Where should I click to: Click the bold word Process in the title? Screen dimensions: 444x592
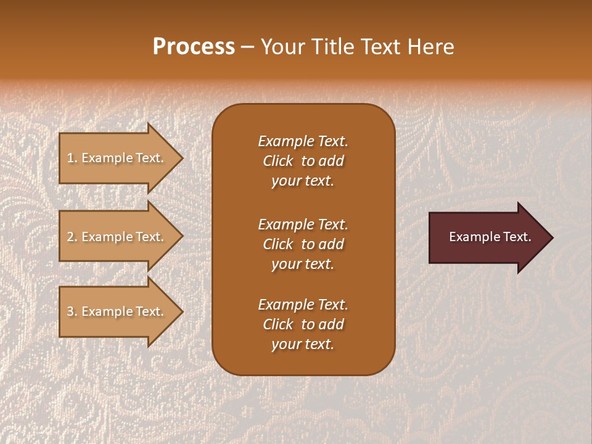(x=194, y=46)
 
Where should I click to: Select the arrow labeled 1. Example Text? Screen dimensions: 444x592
(x=115, y=158)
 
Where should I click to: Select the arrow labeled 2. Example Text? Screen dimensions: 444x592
(x=115, y=237)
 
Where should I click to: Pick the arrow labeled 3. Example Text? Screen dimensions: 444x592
(x=115, y=311)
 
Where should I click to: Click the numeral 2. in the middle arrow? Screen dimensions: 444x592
(x=72, y=237)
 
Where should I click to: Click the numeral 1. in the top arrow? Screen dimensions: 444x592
(x=72, y=158)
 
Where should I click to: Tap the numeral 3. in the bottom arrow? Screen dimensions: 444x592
(x=72, y=311)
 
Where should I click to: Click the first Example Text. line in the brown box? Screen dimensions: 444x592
(x=303, y=141)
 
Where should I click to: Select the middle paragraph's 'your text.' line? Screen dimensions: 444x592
(x=303, y=264)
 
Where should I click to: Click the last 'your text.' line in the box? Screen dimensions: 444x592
(x=303, y=345)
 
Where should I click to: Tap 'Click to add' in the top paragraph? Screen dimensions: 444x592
(x=303, y=161)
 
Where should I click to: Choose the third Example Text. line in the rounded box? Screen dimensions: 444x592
(x=303, y=305)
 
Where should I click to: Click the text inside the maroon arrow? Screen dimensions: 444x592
(x=490, y=237)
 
